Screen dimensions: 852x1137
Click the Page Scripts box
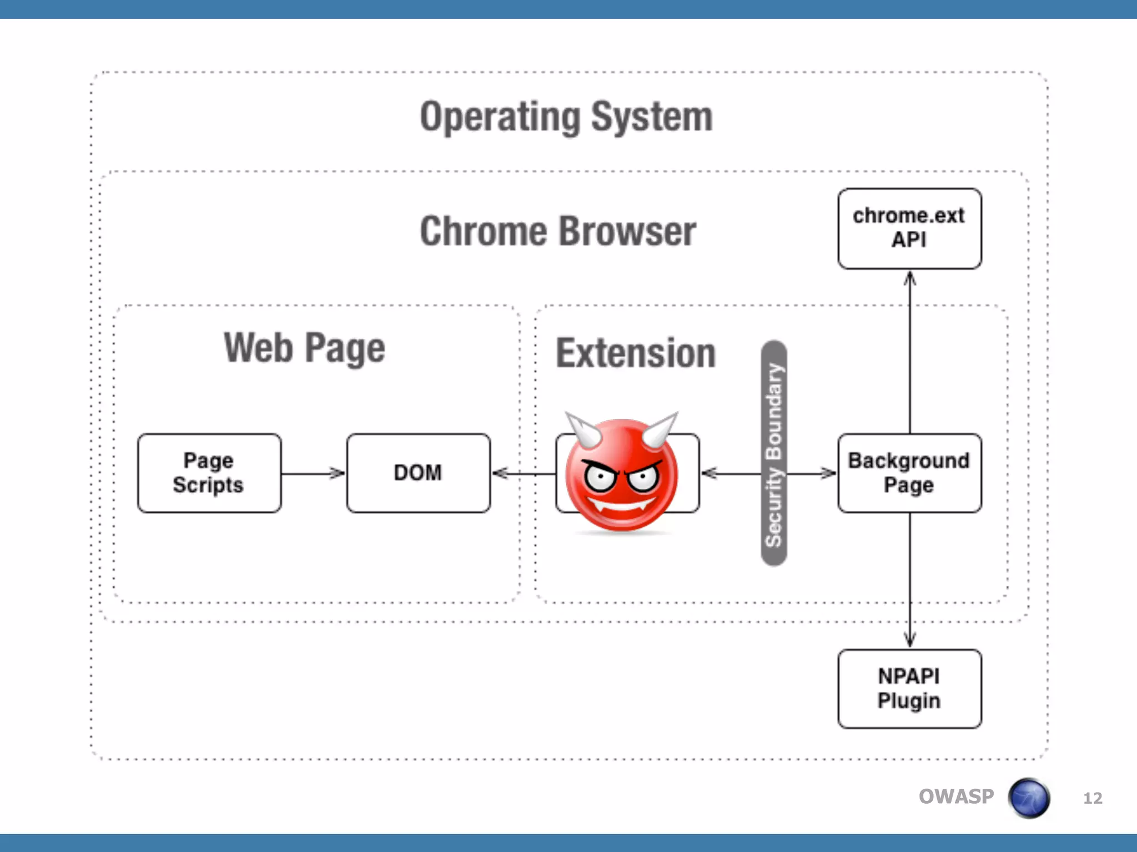point(209,473)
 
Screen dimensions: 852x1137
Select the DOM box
point(418,473)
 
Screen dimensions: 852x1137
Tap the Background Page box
point(909,473)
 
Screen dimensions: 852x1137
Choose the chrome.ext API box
point(909,229)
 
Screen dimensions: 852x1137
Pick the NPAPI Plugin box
point(909,689)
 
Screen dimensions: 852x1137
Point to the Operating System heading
point(566,117)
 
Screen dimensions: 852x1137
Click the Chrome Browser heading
point(558,231)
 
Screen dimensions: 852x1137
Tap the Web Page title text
point(304,348)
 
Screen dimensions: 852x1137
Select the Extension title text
point(636,353)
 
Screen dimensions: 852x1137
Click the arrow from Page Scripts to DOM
point(313,474)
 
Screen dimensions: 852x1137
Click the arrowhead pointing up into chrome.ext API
point(909,278)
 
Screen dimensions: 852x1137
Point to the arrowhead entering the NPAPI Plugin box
point(909,640)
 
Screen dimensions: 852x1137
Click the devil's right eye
point(644,477)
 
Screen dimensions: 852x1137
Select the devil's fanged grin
point(621,505)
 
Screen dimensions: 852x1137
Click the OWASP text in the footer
point(956,797)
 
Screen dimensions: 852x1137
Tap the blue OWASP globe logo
point(1029,798)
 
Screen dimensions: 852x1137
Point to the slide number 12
point(1093,798)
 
